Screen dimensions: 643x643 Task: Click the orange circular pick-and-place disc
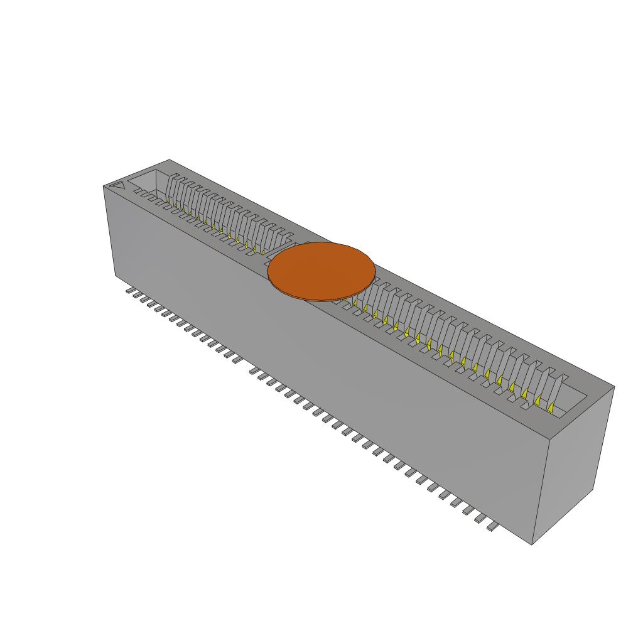point(321,270)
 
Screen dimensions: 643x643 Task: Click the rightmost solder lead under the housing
point(493,527)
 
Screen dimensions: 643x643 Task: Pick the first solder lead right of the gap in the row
point(256,372)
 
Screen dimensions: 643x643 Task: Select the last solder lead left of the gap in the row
point(232,359)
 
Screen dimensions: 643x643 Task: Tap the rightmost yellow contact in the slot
point(551,408)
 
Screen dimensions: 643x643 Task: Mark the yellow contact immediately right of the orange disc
point(355,303)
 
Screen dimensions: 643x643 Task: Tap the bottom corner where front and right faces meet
point(532,544)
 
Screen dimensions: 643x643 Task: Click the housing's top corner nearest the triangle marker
point(104,186)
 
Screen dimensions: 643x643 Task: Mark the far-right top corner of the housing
point(613,386)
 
